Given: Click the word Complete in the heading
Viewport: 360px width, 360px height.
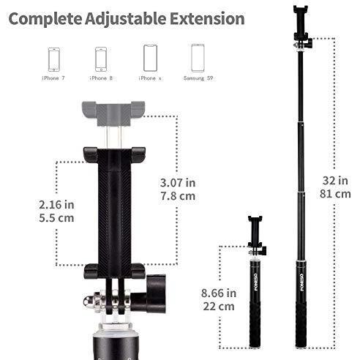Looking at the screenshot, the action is point(45,19).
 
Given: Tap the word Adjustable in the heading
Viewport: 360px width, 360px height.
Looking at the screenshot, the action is point(125,19).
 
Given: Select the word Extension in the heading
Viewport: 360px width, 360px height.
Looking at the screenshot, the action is point(207,19).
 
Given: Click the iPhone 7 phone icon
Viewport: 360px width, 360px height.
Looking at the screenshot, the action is point(54,59).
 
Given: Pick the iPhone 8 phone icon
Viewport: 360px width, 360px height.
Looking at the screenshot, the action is point(101,59).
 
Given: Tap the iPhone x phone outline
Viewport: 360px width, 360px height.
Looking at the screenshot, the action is point(150,58).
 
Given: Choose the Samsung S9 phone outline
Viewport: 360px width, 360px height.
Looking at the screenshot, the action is point(198,58).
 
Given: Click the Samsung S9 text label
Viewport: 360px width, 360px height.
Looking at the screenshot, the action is point(198,78).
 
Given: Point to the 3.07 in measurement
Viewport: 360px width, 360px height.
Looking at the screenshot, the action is point(178,183).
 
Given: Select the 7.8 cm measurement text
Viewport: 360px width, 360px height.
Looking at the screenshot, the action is point(178,196).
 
